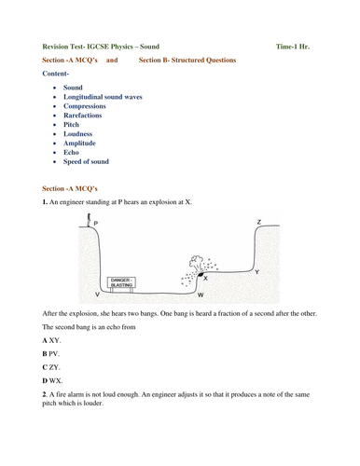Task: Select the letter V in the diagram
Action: [x=97, y=295]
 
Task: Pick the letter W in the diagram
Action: [x=200, y=295]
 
